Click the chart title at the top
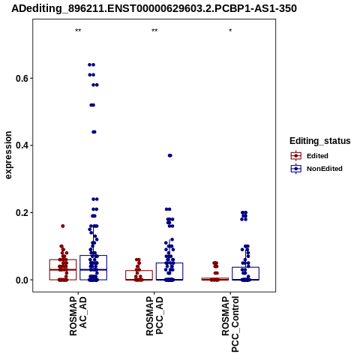point(154,8)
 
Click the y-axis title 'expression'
point(8,155)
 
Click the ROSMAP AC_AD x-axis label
point(78,316)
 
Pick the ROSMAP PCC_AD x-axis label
point(154,316)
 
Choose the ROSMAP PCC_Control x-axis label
point(230,324)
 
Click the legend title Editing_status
point(320,141)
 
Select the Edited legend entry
point(310,156)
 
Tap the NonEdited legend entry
point(316,169)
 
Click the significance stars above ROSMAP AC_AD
point(78,31)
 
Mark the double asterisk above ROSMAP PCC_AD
point(154,31)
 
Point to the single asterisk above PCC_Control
point(230,31)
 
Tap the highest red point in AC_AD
point(63,226)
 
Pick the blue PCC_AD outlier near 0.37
point(170,155)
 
